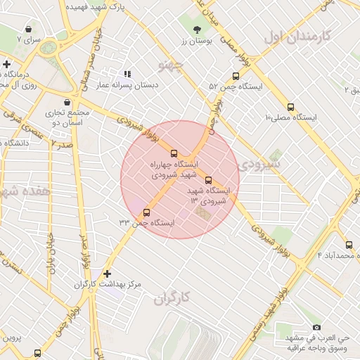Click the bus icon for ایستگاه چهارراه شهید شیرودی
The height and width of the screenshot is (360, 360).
coord(174,153)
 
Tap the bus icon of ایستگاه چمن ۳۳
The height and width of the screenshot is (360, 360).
coord(146,212)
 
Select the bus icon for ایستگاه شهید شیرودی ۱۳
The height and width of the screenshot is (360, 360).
coord(207,180)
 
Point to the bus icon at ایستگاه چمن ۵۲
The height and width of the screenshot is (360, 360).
coord(236,77)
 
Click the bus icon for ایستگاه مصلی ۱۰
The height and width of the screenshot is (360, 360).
coord(290,107)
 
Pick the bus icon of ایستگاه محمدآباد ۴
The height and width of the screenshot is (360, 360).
coord(349,245)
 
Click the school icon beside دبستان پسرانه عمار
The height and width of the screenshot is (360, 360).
coord(127,74)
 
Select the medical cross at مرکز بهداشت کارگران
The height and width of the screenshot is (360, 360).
coord(107,274)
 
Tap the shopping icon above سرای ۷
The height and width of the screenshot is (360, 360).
coord(28,30)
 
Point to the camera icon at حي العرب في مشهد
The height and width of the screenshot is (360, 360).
coord(316,328)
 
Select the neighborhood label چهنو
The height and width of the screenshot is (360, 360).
coord(171,67)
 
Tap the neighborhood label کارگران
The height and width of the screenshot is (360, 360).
coord(172,297)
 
